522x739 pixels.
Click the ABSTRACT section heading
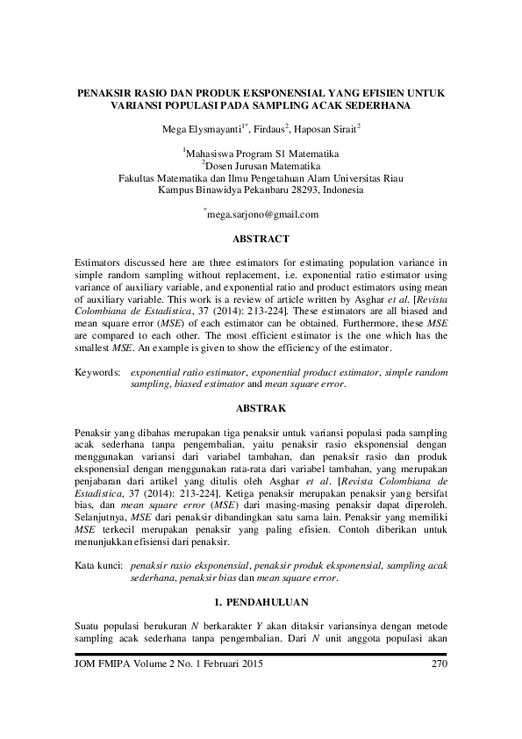tap(261, 238)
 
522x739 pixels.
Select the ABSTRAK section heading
tap(261, 408)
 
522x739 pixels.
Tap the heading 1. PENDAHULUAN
tap(261, 603)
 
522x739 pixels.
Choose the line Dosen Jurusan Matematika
tap(261, 164)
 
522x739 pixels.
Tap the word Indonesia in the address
tap(343, 189)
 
